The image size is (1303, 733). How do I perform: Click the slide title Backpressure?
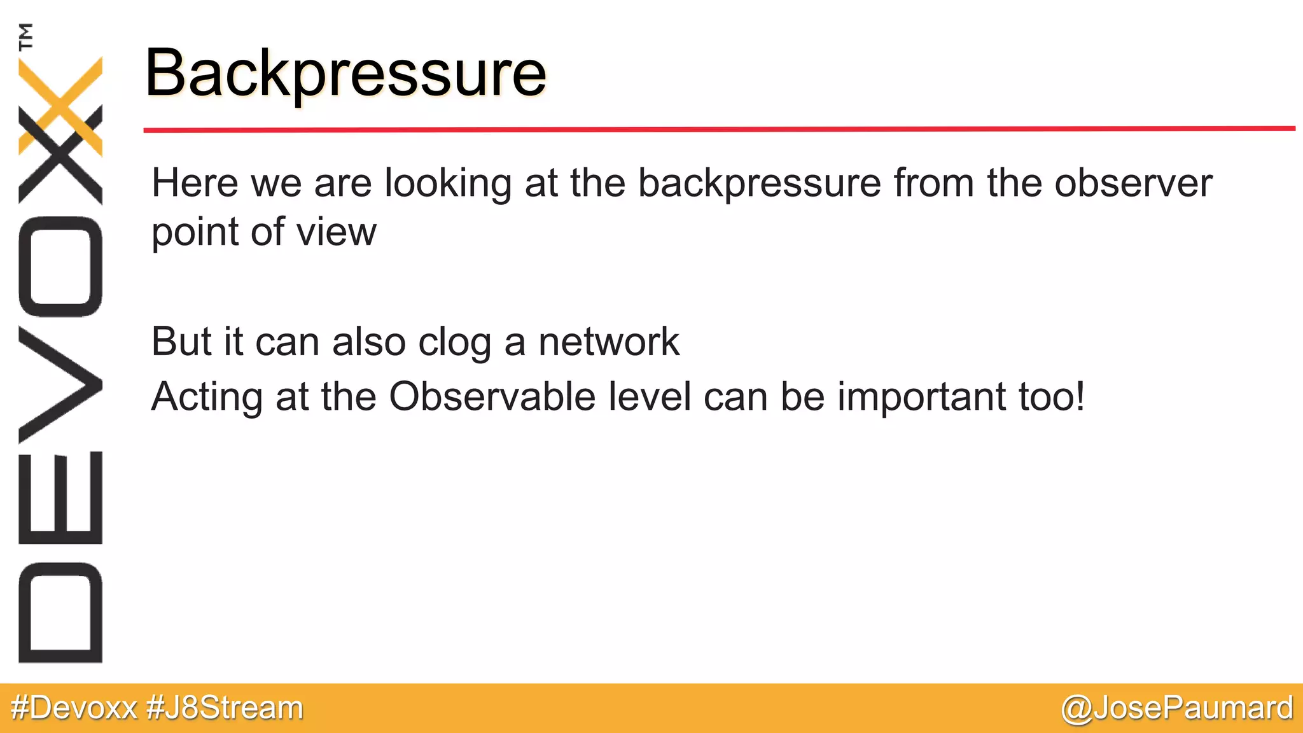click(345, 73)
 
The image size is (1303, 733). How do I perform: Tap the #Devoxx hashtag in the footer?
click(74, 708)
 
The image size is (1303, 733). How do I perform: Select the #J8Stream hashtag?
click(225, 708)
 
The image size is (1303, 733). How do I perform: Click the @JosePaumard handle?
click(1177, 708)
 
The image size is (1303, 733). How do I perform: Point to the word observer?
click(1133, 183)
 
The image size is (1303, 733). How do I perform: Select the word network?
click(609, 342)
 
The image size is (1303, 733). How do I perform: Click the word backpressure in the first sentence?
click(759, 184)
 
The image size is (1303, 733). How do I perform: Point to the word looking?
click(448, 184)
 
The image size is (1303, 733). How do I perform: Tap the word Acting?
click(207, 397)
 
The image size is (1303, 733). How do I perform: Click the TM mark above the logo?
click(25, 36)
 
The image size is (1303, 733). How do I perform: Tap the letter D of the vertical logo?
click(60, 612)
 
